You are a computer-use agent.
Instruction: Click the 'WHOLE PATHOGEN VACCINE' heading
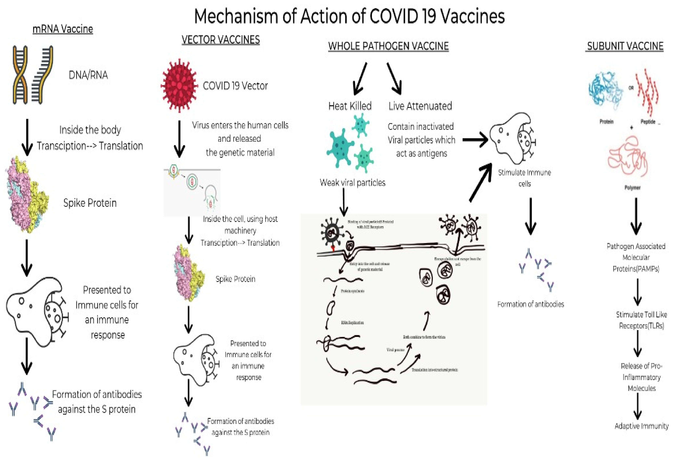[388, 46]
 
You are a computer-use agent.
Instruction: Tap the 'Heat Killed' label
[350, 106]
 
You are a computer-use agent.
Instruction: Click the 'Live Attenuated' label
[420, 106]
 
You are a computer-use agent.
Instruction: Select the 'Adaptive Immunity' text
[641, 426]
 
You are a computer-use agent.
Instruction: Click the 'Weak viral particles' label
[352, 183]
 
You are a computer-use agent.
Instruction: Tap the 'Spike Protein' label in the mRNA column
[90, 203]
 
